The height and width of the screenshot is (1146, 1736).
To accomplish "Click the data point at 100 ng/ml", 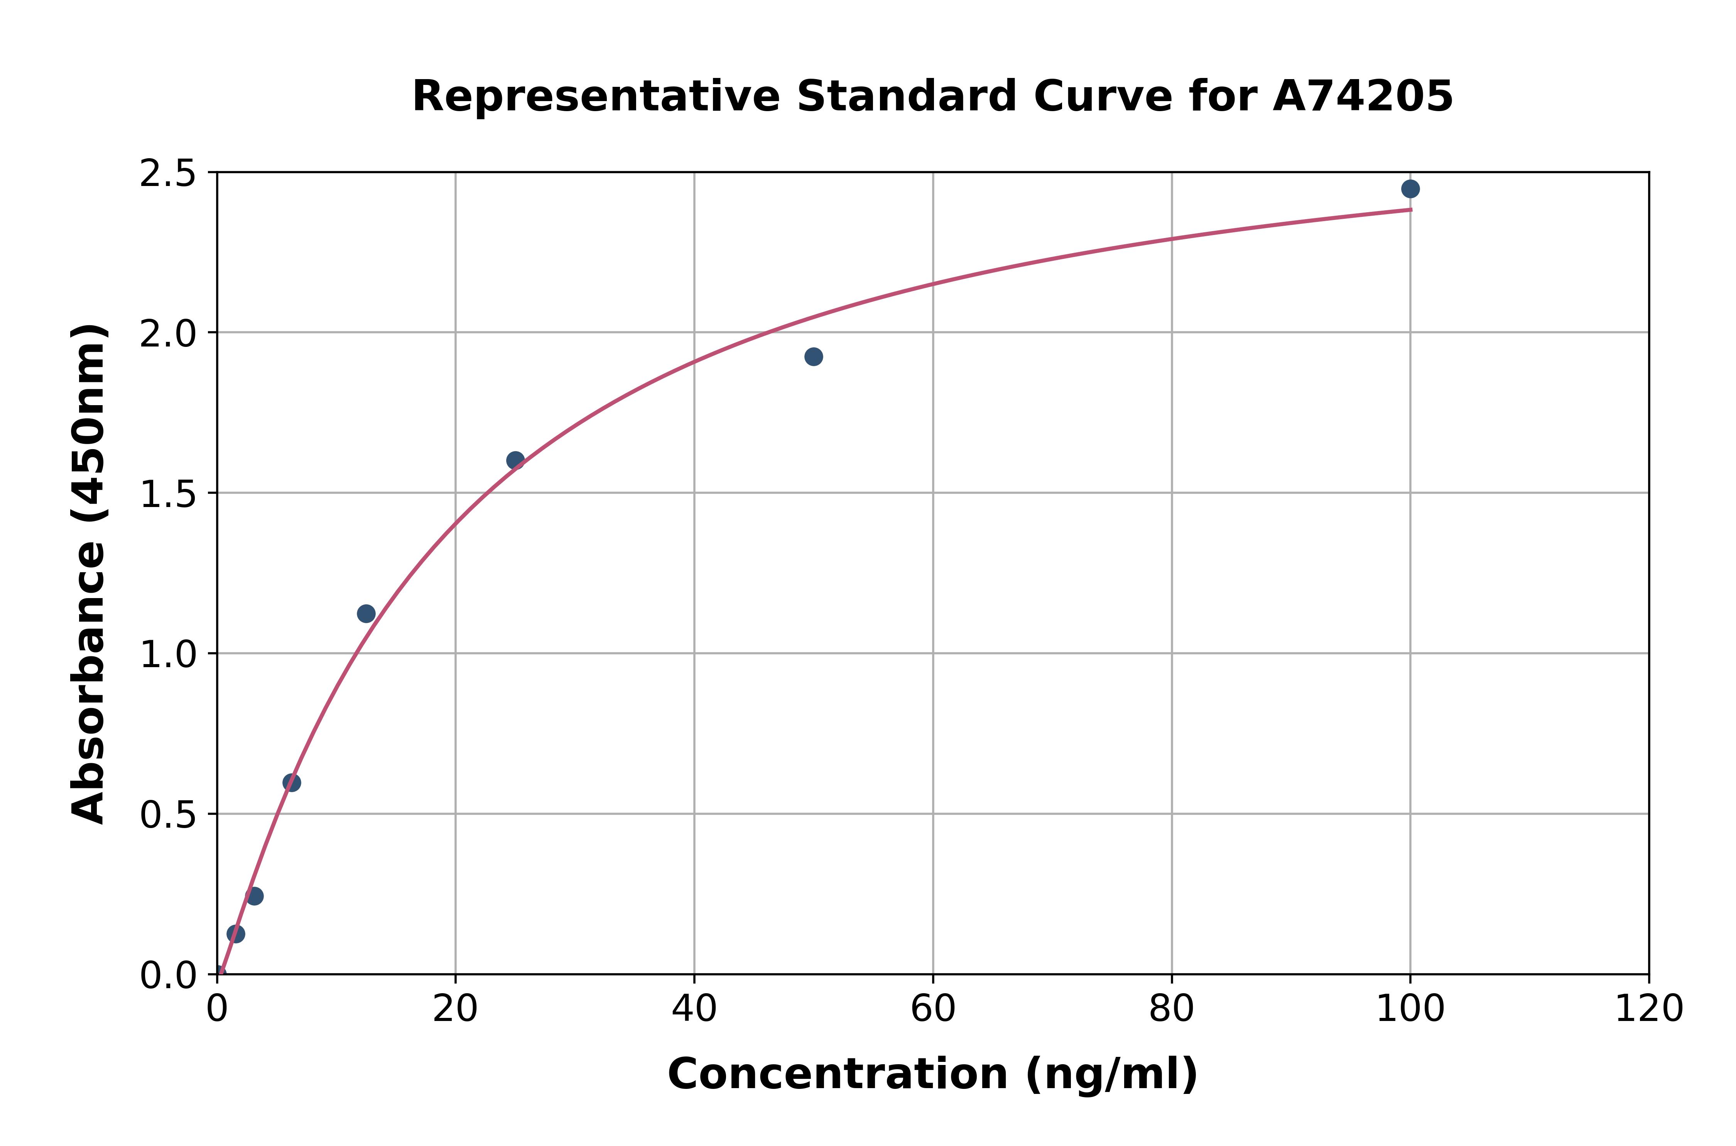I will (1410, 189).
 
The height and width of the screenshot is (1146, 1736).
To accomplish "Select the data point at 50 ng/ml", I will (813, 357).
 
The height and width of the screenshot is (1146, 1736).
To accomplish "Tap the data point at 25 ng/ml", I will (515, 460).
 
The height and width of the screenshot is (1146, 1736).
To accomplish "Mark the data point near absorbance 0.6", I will (292, 783).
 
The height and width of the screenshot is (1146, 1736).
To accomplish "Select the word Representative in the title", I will (596, 96).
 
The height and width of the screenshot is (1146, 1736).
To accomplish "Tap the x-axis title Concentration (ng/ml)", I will (932, 1074).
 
